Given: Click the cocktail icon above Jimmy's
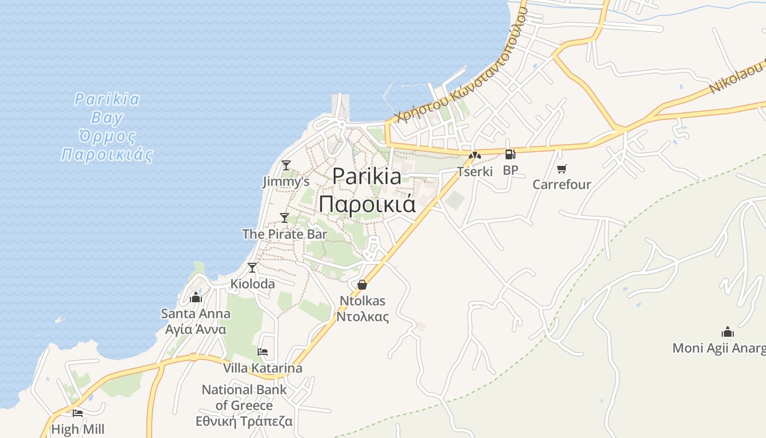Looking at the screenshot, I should tap(286, 165).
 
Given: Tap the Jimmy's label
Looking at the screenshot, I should tap(286, 181).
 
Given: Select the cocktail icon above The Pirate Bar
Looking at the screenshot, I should tap(285, 217).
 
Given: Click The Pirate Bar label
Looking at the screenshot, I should tap(285, 234).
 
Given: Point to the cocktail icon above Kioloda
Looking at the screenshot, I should tap(252, 267).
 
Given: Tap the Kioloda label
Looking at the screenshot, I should tap(252, 284).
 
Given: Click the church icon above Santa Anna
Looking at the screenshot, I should tap(196, 297).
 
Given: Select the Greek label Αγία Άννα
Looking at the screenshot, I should tap(196, 330).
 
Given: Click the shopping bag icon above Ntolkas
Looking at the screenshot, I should tap(362, 285).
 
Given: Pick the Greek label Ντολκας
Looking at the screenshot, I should tap(362, 316).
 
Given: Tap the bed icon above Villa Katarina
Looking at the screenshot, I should tap(263, 351).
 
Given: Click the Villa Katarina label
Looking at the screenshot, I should tap(263, 368).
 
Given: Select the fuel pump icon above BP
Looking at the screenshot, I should tap(510, 154).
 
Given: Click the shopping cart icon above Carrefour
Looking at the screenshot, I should tap(562, 169).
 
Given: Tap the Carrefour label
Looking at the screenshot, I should tap(562, 184).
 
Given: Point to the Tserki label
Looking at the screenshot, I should tap(475, 171).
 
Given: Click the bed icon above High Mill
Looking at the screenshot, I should tap(78, 413).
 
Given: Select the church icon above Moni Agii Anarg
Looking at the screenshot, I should tap(727, 332).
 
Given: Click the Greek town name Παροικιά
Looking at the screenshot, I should tap(367, 204).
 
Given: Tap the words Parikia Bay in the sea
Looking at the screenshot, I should tap(107, 108).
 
